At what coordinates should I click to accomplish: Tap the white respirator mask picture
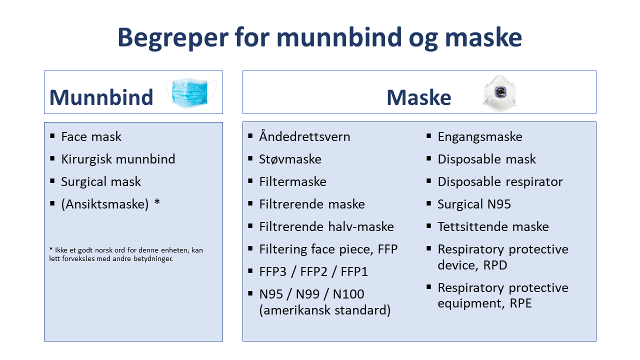coord(499,93)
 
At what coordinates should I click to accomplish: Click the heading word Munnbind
coord(101,97)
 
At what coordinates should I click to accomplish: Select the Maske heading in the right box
coord(418,97)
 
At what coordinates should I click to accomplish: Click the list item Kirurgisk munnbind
coord(118,159)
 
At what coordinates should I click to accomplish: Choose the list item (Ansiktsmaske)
coord(105,204)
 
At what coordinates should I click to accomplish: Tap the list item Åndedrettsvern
coord(304,137)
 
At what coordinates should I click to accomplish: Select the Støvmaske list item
coord(290,159)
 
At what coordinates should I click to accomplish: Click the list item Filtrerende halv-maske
coord(326,227)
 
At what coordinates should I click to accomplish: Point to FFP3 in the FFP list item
coord(273,272)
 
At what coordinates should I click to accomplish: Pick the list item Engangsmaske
coord(480,137)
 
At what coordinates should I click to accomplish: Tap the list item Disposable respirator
coord(500,182)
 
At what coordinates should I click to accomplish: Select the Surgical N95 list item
coord(474,204)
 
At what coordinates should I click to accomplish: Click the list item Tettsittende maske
coord(493,227)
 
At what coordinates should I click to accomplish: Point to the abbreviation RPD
coord(495,265)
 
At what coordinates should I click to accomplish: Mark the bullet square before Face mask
coord(52,136)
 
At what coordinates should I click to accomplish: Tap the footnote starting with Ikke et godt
coord(126,254)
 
